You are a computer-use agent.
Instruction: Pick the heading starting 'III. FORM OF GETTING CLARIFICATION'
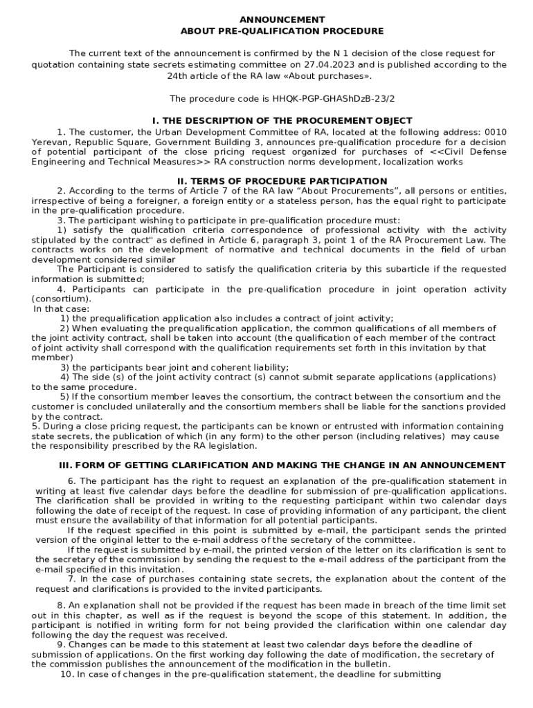pos(282,465)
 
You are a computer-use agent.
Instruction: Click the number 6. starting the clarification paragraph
pos(72,481)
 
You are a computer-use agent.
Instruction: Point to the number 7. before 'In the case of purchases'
pos(72,579)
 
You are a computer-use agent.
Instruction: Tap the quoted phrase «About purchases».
pos(324,75)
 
